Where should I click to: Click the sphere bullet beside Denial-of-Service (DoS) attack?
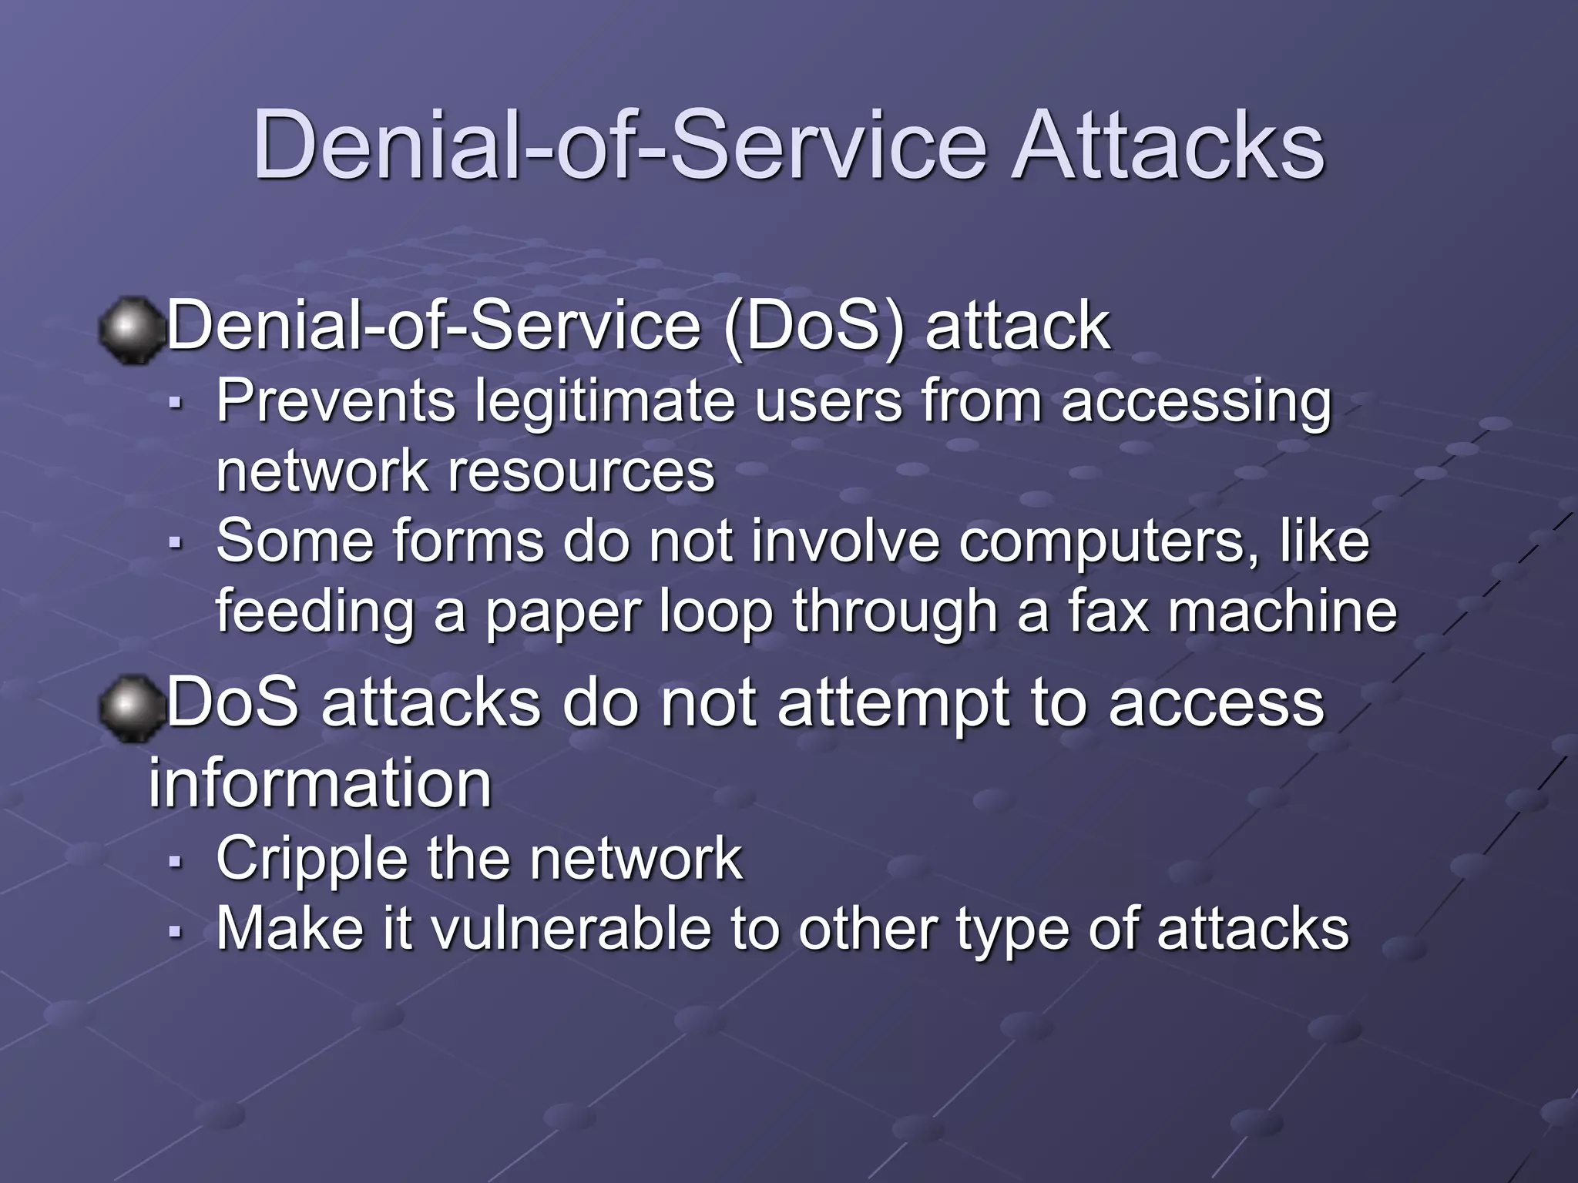click(131, 330)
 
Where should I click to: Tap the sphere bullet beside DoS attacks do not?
click(131, 707)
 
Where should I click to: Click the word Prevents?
click(336, 401)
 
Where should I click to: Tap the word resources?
click(582, 472)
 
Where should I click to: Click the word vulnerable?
click(570, 929)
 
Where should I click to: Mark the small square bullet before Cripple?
click(175, 862)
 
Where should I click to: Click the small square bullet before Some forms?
click(175, 543)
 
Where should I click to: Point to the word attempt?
click(894, 704)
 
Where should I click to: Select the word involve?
click(845, 541)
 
